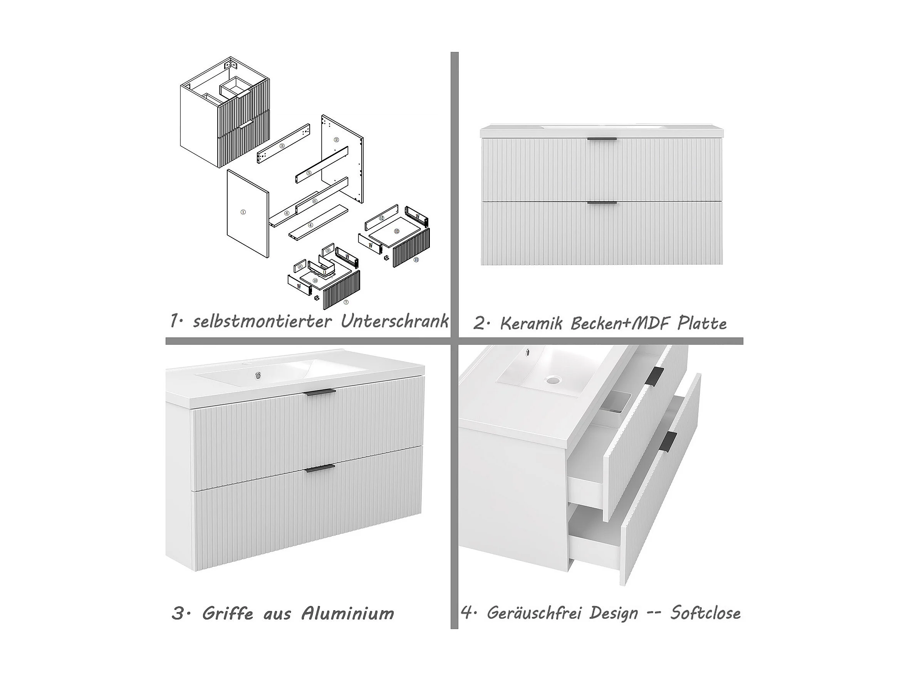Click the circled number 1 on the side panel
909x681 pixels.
243,212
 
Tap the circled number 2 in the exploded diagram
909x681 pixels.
337,140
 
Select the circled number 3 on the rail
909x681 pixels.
282,146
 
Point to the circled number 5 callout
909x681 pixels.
309,173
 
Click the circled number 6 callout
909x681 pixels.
314,201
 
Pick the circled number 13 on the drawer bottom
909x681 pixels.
397,231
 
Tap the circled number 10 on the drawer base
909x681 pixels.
315,280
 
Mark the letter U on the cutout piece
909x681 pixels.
325,272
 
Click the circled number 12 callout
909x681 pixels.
381,217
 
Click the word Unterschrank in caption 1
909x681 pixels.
394,321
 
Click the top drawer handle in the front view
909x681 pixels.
602,139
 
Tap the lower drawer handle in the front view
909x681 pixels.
602,202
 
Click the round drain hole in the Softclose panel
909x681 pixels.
554,381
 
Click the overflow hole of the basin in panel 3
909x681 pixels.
258,375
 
